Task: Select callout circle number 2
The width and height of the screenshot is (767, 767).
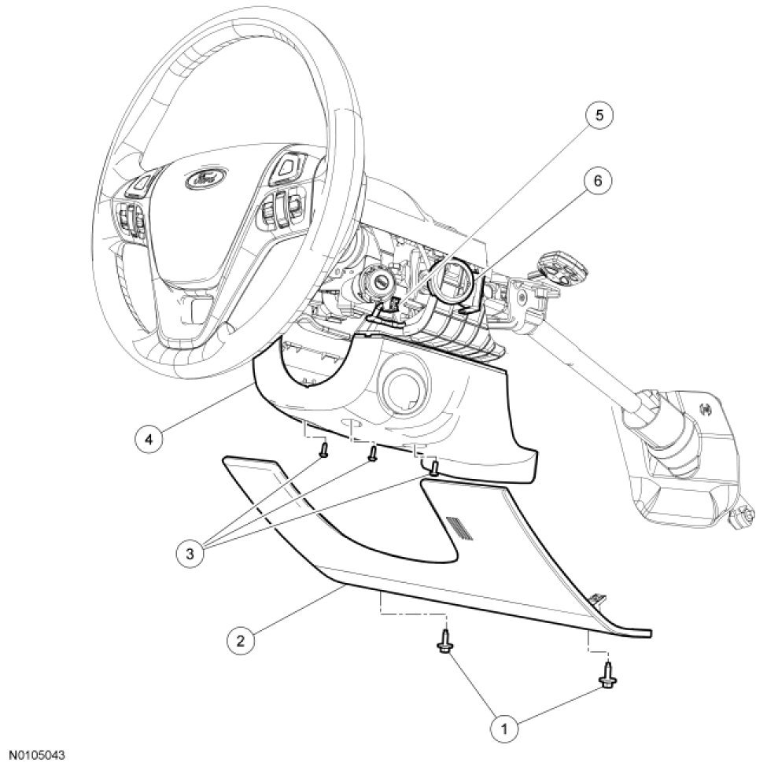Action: (x=241, y=640)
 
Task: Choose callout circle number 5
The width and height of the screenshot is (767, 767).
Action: (x=599, y=116)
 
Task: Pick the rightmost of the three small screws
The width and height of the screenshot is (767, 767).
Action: (x=433, y=469)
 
